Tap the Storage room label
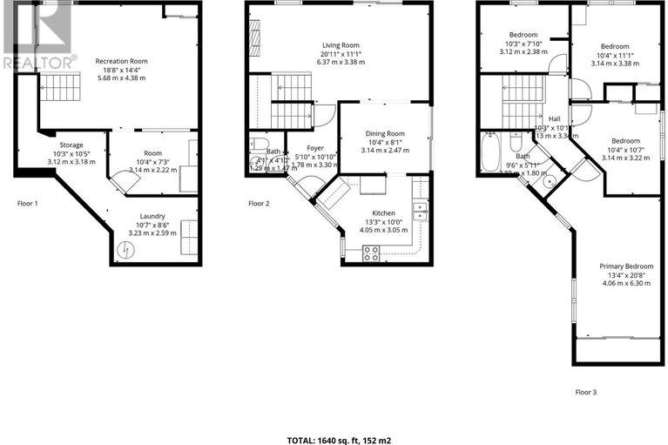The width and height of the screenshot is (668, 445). coord(72,145)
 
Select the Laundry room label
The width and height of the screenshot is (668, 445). coord(152,216)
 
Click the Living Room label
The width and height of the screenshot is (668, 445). coord(341,45)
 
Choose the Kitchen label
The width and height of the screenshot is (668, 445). coord(383,212)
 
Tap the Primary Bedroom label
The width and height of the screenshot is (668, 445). coord(626,266)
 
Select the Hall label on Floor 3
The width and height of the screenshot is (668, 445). coord(554,119)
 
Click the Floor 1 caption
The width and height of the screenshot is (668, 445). coord(29,204)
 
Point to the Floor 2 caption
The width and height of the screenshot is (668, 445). coord(259,204)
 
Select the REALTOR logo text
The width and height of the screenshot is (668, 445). coord(37,62)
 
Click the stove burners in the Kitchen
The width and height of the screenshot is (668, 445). coord(370,253)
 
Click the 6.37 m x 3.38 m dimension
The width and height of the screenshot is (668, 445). coord(341,62)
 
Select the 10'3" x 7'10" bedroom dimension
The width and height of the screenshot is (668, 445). coord(523,44)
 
